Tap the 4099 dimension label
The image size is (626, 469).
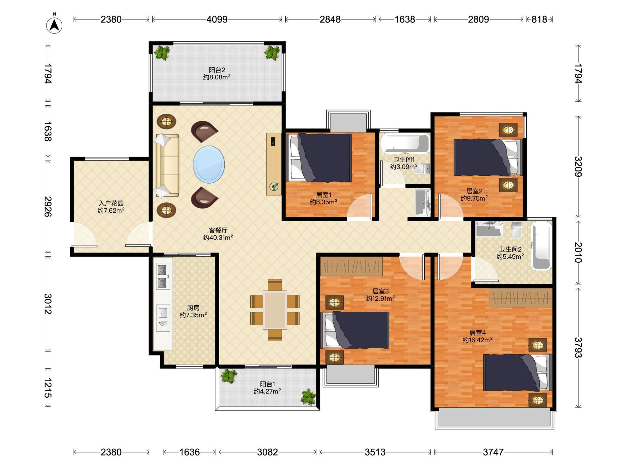(x=217, y=20)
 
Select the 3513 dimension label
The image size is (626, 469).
(x=375, y=452)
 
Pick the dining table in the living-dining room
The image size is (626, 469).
(x=275, y=310)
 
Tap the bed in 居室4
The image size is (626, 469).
(x=517, y=372)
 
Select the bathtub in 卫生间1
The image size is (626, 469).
(x=405, y=144)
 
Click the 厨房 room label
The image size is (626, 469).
(x=193, y=307)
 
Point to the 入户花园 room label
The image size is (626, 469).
(x=111, y=203)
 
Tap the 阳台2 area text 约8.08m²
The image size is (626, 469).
(x=217, y=77)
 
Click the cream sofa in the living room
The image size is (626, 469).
(x=167, y=165)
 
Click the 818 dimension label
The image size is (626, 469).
(x=539, y=20)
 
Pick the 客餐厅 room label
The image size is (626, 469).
(x=218, y=230)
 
